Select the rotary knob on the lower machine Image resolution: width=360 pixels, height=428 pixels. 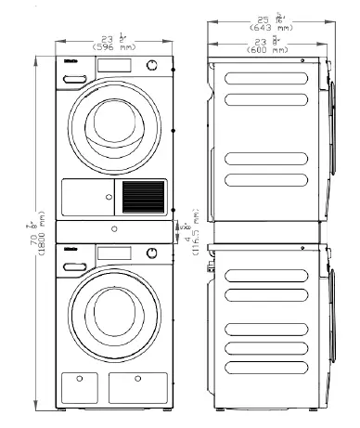click(152, 253)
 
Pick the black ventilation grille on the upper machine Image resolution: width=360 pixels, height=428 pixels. click(141, 197)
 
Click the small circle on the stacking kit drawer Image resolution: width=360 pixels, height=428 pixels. click(112, 228)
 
